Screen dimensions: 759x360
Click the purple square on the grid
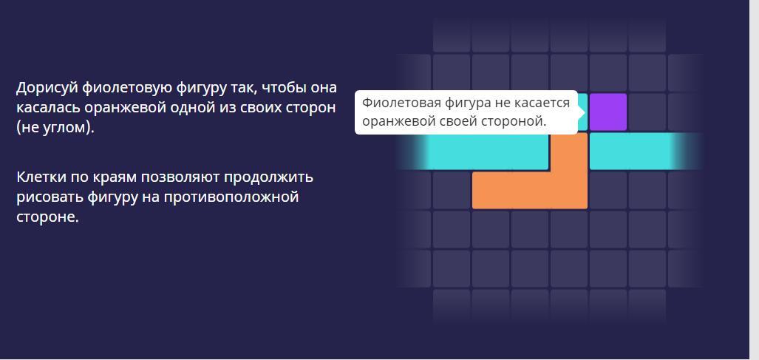pos(608,112)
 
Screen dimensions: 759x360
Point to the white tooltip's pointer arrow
pos(582,112)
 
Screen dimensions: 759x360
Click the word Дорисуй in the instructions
pos(47,88)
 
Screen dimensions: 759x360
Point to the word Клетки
pos(41,177)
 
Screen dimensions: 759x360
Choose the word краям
pos(115,177)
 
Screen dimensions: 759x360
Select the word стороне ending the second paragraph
pos(47,217)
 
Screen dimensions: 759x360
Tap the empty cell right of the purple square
pos(647,112)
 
